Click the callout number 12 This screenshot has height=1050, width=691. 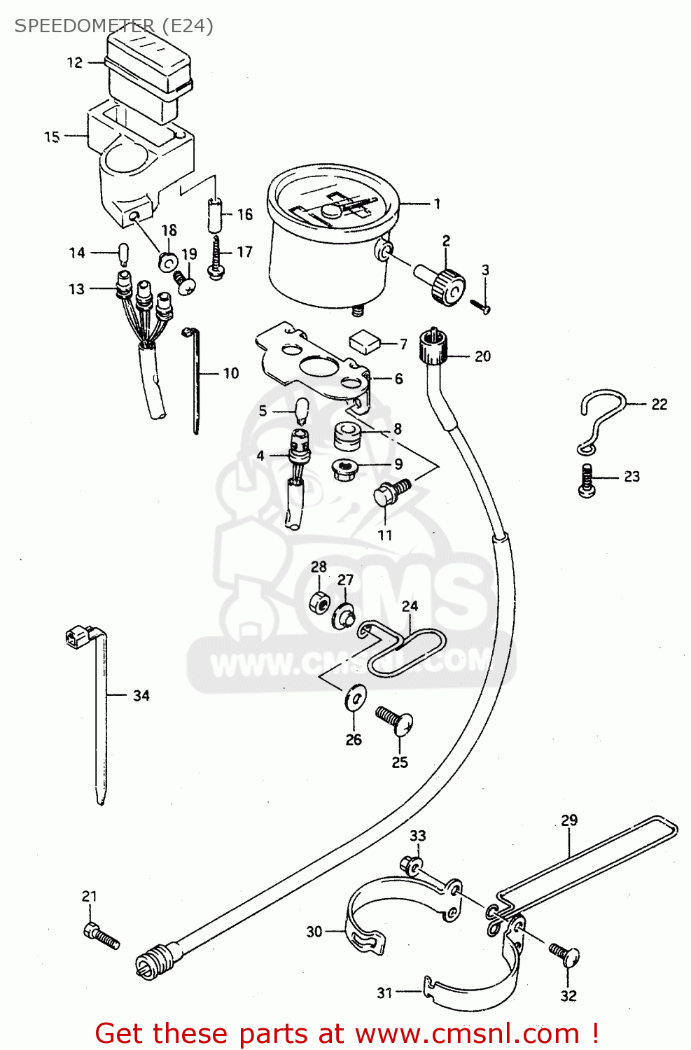[x=75, y=63]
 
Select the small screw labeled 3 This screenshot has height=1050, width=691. [x=480, y=305]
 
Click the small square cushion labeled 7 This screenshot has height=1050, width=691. [x=364, y=341]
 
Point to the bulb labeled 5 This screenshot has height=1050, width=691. [x=302, y=411]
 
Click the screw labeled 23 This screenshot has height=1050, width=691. [x=587, y=481]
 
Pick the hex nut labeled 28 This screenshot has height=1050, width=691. [x=319, y=601]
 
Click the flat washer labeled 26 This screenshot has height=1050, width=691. [x=355, y=697]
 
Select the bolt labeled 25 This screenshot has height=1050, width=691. [x=395, y=721]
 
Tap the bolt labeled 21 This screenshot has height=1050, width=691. [x=101, y=935]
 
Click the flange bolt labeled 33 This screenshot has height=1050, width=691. [x=411, y=867]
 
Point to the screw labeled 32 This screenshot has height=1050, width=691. [x=564, y=954]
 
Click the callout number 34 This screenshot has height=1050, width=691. [x=141, y=696]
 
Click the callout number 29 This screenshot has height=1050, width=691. [x=569, y=820]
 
